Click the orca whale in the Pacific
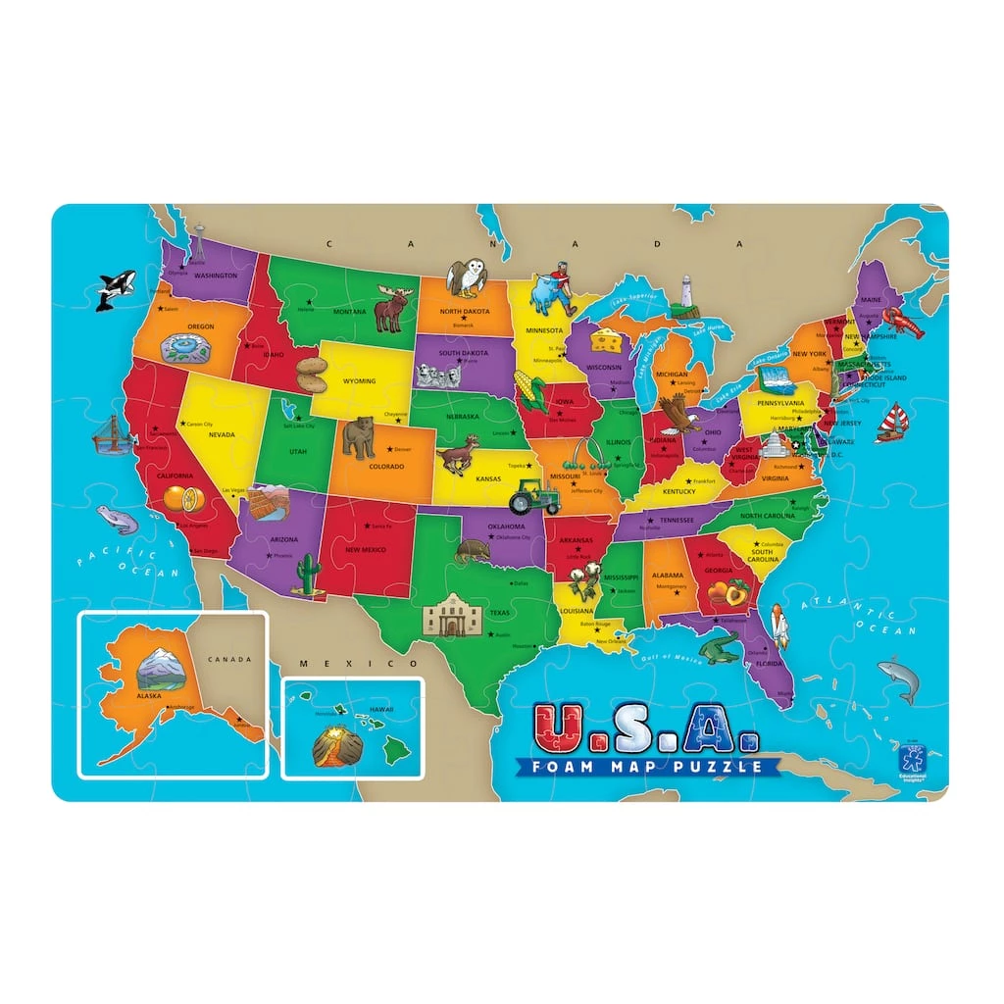click(x=115, y=289)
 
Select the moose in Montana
click(x=391, y=311)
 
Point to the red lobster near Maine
click(x=902, y=322)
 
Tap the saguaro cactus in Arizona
click(x=309, y=573)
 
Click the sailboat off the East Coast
click(x=891, y=424)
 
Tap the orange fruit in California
click(x=184, y=499)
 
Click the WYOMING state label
click(x=360, y=380)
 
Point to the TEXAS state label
click(x=500, y=614)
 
